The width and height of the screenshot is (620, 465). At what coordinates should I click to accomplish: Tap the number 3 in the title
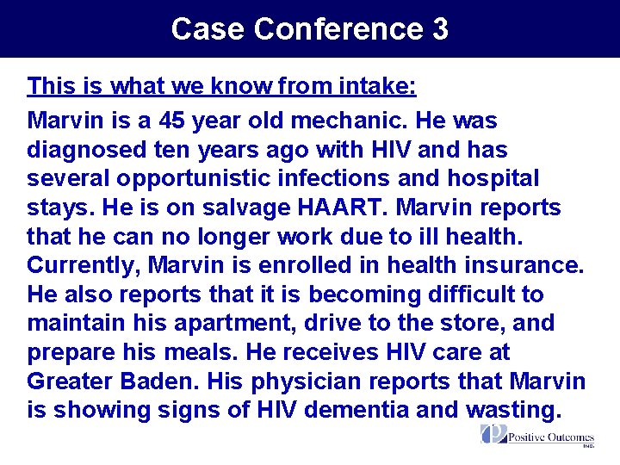439,29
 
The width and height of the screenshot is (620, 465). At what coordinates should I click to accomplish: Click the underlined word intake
375,86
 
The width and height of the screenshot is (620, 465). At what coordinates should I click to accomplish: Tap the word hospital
489,179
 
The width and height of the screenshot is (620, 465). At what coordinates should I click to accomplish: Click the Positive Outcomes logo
537,436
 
